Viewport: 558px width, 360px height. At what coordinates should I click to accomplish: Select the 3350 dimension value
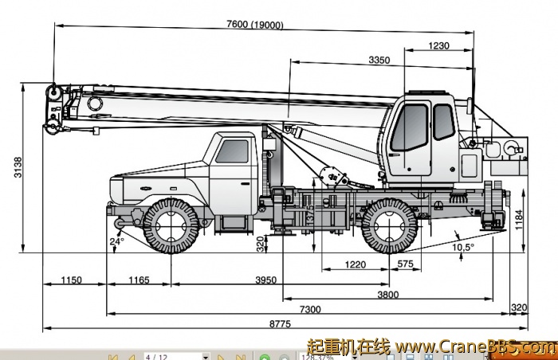click(x=379, y=60)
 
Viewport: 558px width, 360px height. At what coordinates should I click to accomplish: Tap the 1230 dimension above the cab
click(x=438, y=45)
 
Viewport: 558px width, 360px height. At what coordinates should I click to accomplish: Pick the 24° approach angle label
click(x=117, y=241)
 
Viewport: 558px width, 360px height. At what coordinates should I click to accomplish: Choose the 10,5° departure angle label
click(x=463, y=247)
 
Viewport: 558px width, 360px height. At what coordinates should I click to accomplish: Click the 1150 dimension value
click(x=72, y=280)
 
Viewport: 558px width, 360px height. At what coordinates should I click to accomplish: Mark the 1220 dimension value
click(x=355, y=264)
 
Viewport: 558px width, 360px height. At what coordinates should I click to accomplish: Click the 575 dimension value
click(x=405, y=264)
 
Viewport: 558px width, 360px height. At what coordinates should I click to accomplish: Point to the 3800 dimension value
click(x=388, y=295)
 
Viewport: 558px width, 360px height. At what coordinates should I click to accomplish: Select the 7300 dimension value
click(x=310, y=309)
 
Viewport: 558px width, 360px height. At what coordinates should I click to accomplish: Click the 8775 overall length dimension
click(x=279, y=324)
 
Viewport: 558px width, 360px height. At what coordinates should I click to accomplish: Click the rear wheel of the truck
click(x=388, y=226)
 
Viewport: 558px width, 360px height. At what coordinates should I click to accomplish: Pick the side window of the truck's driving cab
click(x=232, y=151)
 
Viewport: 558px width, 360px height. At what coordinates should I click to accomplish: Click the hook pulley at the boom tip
click(x=53, y=94)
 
